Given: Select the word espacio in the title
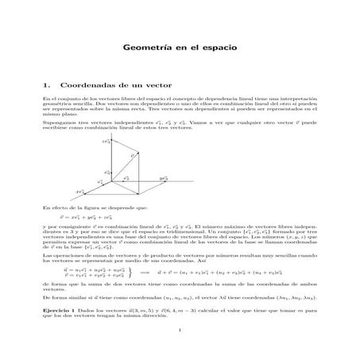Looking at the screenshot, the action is tap(219, 48).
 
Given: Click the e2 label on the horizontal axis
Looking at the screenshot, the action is tap(126, 178).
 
